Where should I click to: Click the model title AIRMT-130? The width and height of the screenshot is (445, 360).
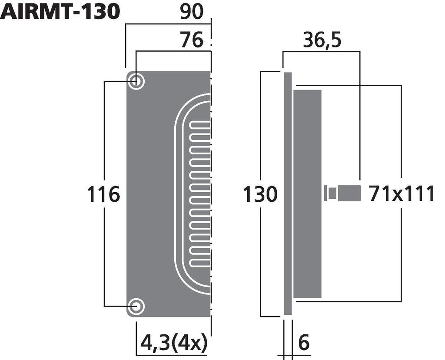tap(60, 12)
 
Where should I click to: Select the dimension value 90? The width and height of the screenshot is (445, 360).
tap(192, 12)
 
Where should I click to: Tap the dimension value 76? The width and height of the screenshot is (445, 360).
tap(192, 40)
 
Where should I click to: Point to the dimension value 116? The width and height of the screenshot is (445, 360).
tap(103, 194)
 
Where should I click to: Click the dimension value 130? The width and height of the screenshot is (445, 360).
tap(260, 194)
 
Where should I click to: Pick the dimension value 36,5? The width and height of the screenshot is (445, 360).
tap(322, 40)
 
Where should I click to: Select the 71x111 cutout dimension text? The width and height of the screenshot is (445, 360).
tap(402, 194)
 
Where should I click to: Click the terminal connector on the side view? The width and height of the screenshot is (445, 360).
tap(343, 193)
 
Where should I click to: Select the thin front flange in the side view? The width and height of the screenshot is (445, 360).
tap(287, 193)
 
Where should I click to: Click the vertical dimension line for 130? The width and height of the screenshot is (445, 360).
tap(260, 130)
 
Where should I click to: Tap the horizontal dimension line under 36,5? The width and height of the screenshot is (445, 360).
tap(321, 52)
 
